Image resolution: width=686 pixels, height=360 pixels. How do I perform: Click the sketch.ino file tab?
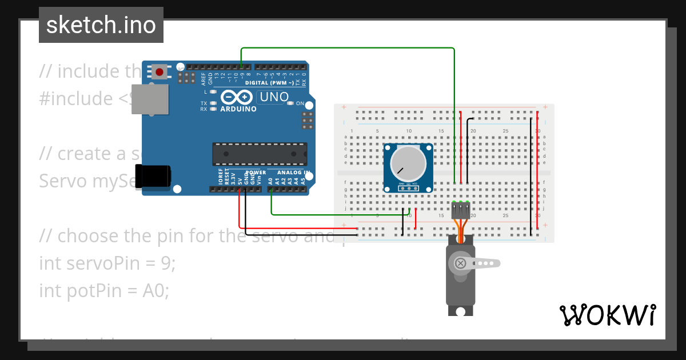[101, 25]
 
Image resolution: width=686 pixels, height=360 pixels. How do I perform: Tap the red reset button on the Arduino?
[161, 72]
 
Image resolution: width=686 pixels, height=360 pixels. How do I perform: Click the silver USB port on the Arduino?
[150, 101]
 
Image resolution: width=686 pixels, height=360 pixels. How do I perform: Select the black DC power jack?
[153, 175]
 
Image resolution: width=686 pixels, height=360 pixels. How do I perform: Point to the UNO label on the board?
[274, 97]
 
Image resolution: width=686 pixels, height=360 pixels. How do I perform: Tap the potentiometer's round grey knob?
[408, 162]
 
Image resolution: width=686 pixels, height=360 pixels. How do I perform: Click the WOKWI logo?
[607, 315]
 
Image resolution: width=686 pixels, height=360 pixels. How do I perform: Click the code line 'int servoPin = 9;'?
[107, 263]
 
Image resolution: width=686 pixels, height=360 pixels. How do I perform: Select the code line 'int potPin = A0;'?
[104, 291]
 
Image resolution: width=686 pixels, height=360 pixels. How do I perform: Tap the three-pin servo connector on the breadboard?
[461, 210]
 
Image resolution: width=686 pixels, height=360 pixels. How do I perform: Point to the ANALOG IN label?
[293, 173]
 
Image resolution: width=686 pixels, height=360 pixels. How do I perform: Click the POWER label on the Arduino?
[256, 172]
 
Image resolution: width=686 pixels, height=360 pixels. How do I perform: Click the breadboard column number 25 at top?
[505, 131]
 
